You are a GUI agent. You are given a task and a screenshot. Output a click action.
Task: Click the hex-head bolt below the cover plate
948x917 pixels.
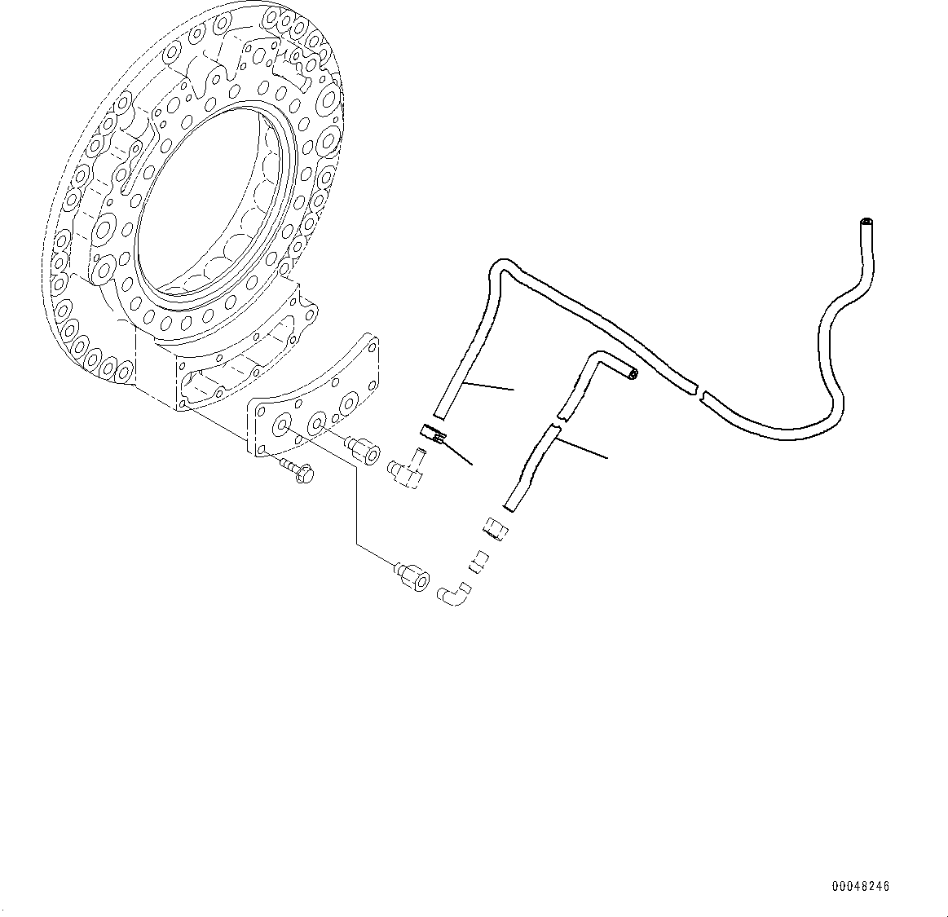300,472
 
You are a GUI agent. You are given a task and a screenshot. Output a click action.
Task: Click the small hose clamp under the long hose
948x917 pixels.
433,434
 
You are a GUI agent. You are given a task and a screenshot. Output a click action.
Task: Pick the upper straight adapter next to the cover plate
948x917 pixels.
362,449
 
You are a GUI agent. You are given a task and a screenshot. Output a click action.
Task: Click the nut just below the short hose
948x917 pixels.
496,531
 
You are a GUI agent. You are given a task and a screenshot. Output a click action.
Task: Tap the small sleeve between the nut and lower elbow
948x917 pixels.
478,561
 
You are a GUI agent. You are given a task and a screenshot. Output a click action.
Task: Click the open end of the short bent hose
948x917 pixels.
633,374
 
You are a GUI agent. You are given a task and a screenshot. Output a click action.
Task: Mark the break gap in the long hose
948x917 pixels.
700,390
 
